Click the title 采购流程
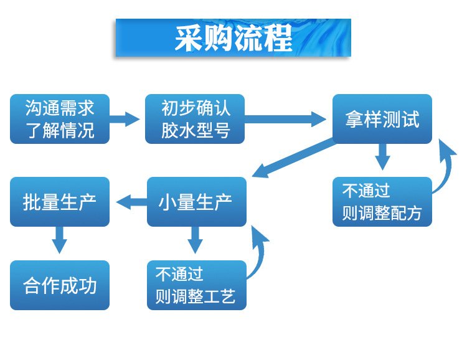pos(233,39)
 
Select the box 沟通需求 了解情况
pos(60,119)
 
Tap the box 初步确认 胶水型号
pos(196,119)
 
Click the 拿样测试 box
pos(382,119)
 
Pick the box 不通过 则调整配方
pos(382,202)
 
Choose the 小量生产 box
pos(196,202)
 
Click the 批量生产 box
pos(60,202)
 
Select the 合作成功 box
pos(60,285)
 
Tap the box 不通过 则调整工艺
pos(196,285)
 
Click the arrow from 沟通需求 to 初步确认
pos(127,118)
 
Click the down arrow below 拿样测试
pos(382,157)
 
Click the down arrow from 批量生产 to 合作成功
pos(60,240)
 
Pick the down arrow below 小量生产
pos(196,240)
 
